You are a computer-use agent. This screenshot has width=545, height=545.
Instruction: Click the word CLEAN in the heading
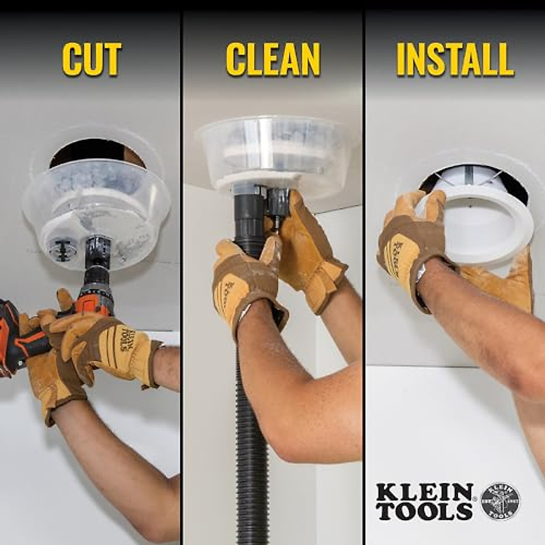[273, 59]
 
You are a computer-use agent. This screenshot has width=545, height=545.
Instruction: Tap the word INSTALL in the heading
[455, 59]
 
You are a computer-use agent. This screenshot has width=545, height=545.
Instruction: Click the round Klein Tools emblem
[500, 501]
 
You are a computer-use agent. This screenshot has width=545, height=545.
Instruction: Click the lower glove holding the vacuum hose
[245, 282]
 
